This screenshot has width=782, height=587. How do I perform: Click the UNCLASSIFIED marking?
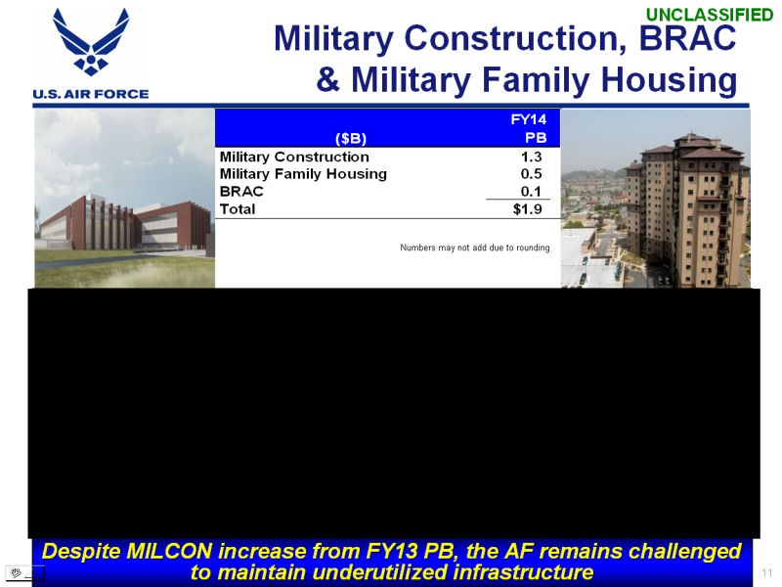tap(710, 15)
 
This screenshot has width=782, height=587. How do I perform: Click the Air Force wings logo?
tap(91, 41)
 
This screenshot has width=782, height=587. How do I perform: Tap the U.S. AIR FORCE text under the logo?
tap(91, 94)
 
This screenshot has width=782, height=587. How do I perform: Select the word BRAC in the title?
tap(687, 38)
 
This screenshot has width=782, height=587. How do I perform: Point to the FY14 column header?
tap(529, 119)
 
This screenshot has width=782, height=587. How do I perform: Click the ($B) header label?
tap(351, 138)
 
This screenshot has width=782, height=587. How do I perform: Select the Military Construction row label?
tap(294, 157)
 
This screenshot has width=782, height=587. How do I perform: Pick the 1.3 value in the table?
tap(531, 157)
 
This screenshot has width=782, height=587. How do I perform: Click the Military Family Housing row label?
tap(303, 174)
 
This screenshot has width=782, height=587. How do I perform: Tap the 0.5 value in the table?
tap(531, 174)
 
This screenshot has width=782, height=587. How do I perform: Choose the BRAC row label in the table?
tap(241, 192)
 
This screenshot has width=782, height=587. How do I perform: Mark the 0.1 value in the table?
tap(531, 191)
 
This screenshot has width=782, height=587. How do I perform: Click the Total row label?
tap(238, 209)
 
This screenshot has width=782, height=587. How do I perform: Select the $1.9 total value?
tap(528, 209)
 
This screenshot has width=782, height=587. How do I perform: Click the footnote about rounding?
tap(475, 248)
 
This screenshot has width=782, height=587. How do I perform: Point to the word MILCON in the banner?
tap(169, 552)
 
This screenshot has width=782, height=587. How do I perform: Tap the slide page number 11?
tap(766, 572)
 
